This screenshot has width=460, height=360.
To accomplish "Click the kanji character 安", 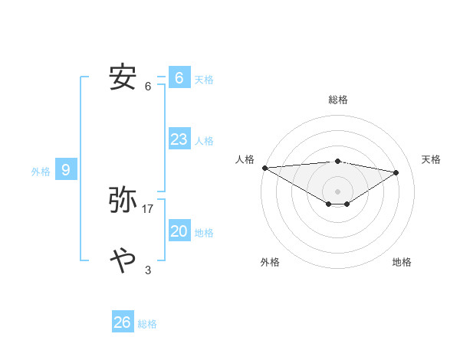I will (123, 77).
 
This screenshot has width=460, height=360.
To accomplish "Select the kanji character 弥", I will (123, 200).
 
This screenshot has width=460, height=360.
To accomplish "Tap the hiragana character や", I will (123, 260).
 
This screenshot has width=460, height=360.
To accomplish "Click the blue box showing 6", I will (179, 77).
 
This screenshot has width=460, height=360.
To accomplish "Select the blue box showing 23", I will (179, 139).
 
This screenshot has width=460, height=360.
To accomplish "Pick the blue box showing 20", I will (179, 231).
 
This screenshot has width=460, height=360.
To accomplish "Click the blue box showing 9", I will (66, 170).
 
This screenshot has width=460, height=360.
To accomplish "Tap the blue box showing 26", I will (123, 322).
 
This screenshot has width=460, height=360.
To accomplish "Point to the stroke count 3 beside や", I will (148, 270).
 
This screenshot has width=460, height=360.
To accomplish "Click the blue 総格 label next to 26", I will (147, 324).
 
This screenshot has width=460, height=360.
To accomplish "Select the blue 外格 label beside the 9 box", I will (41, 172).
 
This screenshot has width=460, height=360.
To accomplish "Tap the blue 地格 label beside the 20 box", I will (204, 233).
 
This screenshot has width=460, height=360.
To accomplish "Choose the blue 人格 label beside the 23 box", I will (204, 141).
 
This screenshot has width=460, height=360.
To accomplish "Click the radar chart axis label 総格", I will (337, 100).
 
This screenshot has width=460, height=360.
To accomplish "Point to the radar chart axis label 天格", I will (432, 159).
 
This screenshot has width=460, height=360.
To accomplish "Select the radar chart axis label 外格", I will (270, 262).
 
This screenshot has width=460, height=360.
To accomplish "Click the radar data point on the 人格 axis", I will (264, 167).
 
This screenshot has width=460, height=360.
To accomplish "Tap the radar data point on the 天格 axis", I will (396, 172).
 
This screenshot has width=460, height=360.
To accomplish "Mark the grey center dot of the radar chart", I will (337, 191).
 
